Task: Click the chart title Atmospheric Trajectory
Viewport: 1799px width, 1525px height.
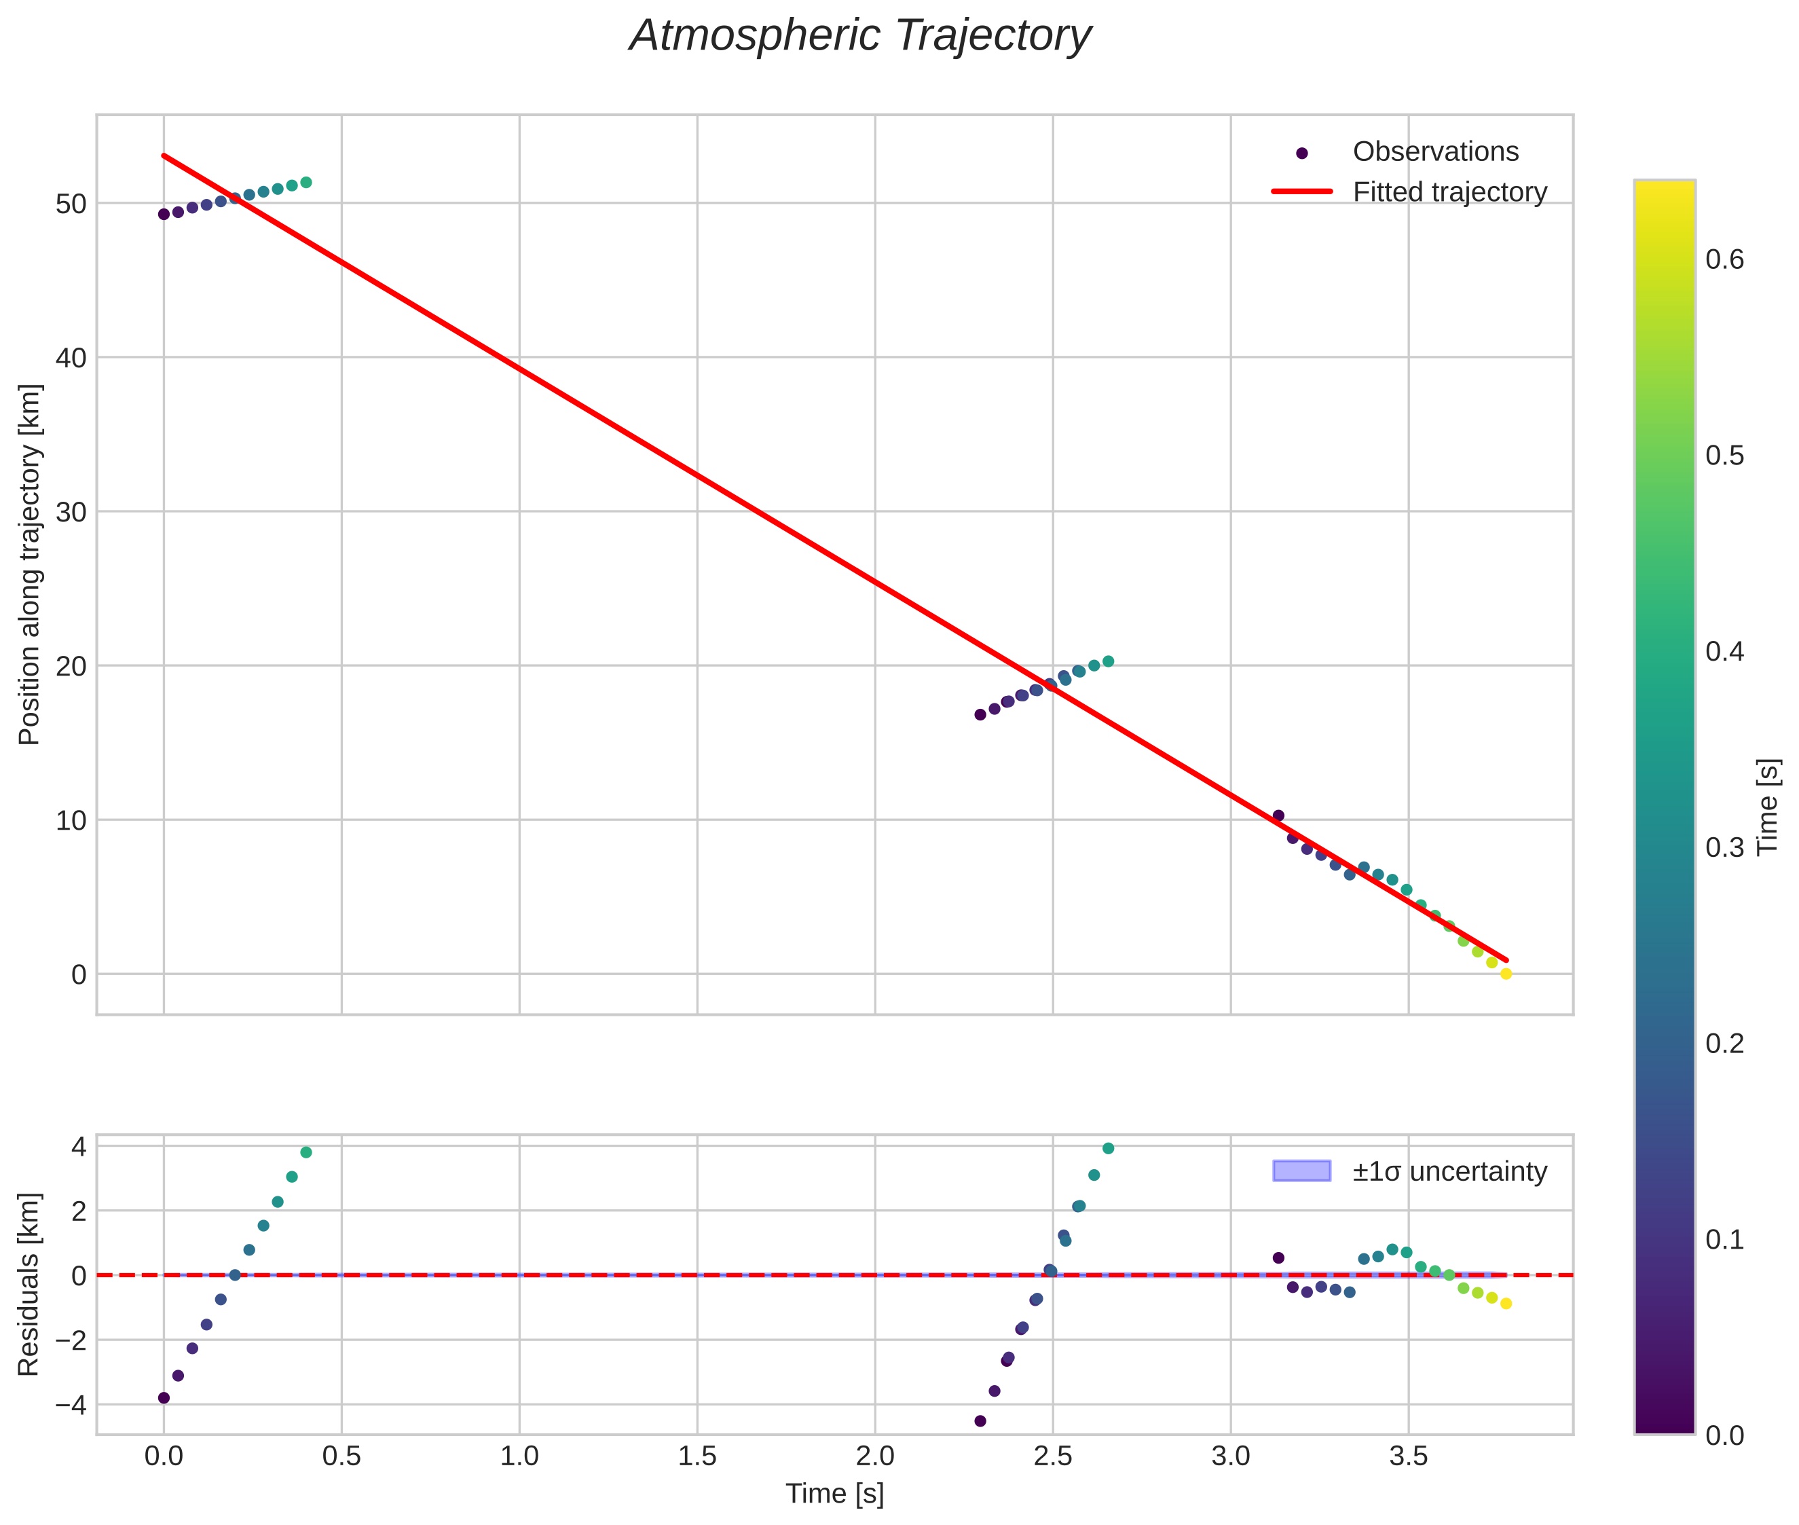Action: pyautogui.click(x=860, y=36)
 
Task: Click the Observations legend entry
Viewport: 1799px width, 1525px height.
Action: pyautogui.click(x=1435, y=151)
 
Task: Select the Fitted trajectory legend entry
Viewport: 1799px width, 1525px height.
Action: pyautogui.click(x=1449, y=192)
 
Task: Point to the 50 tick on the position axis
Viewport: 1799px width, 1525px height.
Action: pyautogui.click(x=72, y=204)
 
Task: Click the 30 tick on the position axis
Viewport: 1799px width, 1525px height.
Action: pyautogui.click(x=72, y=512)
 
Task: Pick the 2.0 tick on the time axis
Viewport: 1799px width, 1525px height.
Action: pyautogui.click(x=875, y=1456)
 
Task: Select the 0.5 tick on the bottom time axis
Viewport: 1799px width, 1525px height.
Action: pyautogui.click(x=341, y=1456)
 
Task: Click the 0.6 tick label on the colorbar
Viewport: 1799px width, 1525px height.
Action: pyautogui.click(x=1724, y=260)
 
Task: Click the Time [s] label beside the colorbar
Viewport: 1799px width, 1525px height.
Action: pyautogui.click(x=1768, y=807)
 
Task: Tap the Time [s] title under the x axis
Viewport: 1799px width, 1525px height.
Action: pyautogui.click(x=834, y=1494)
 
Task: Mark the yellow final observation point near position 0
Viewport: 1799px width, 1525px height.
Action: pyautogui.click(x=1506, y=974)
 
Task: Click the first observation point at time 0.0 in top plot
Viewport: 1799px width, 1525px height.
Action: pyautogui.click(x=164, y=215)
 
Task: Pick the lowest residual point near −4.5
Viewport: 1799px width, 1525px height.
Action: pyautogui.click(x=980, y=1420)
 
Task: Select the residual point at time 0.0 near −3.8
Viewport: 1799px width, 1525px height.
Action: pyautogui.click(x=164, y=1398)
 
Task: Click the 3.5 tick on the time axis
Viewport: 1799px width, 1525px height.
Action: pyautogui.click(x=1408, y=1456)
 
